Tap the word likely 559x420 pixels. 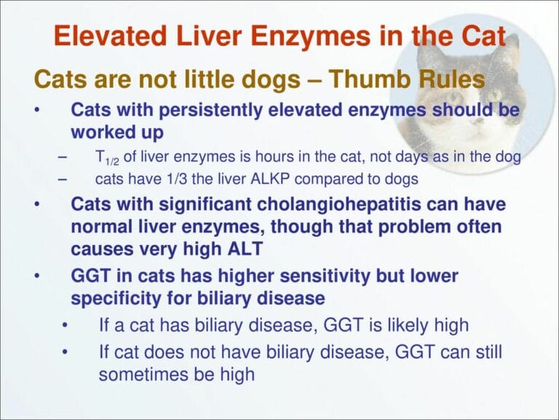(x=397, y=325)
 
